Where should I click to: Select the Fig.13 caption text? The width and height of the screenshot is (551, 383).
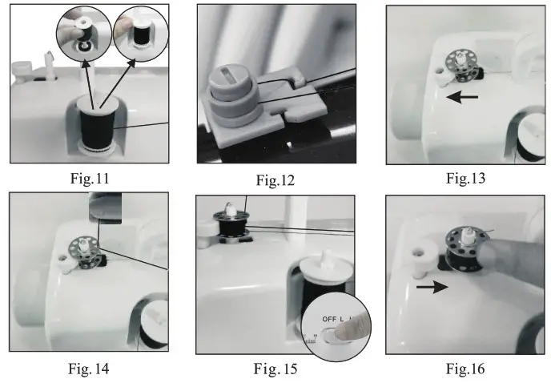tap(465, 178)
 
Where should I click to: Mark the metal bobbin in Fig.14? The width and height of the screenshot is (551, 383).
tap(82, 248)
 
